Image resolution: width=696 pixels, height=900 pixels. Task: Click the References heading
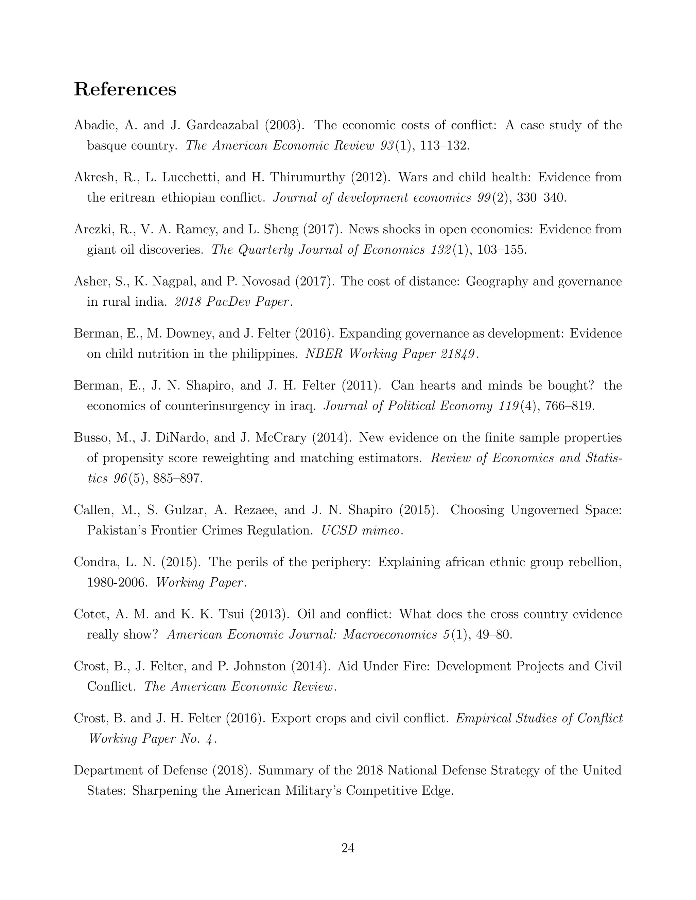click(x=125, y=89)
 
